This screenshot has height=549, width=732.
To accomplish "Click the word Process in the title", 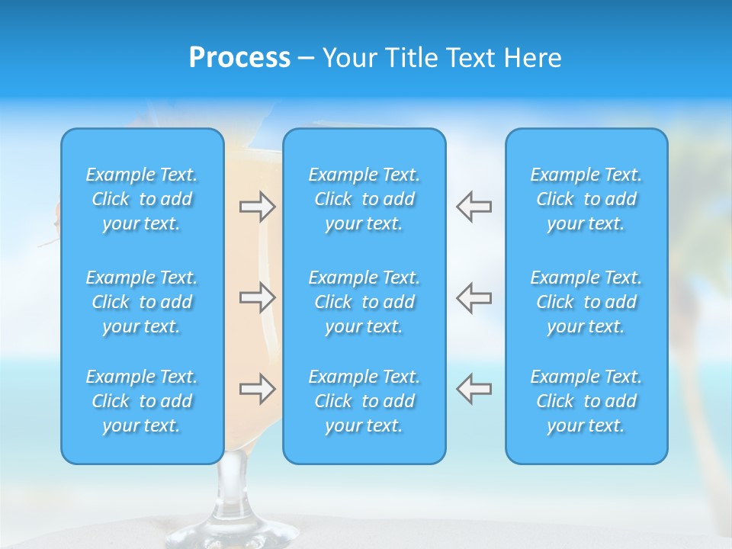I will (239, 58).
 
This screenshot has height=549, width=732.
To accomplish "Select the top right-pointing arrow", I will (257, 207).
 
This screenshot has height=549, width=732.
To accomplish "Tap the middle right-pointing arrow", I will (257, 297).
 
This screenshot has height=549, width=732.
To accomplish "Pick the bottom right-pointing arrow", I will (257, 389).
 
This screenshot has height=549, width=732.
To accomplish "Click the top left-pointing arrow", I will (474, 207).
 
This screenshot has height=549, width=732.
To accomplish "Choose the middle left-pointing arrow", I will (474, 297).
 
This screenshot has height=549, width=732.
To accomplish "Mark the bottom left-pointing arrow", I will (474, 389).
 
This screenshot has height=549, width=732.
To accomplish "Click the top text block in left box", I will (142, 199).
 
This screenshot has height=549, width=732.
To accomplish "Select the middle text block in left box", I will (142, 302).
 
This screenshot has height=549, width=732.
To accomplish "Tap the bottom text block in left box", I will (142, 401).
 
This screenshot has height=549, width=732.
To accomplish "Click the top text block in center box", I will (364, 199).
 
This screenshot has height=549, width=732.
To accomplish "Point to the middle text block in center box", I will (364, 302).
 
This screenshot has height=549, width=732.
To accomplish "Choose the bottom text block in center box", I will (364, 401).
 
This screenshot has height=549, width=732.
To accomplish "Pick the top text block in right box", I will (586, 199).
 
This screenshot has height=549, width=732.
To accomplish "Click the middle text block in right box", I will (586, 302).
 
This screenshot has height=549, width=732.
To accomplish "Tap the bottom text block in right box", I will (586, 401).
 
